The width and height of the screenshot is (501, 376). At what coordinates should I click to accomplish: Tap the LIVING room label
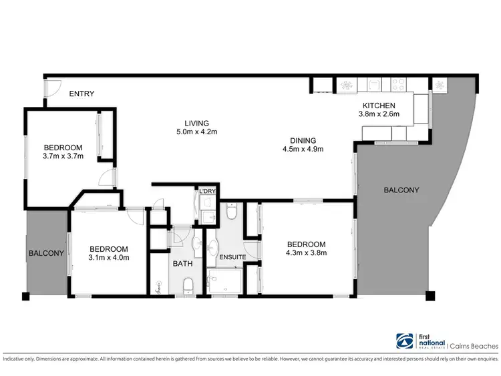197,123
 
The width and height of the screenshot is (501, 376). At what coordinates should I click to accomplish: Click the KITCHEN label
379,106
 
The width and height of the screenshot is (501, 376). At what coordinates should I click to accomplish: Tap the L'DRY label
208,192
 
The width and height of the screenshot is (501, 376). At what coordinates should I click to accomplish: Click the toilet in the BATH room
188,286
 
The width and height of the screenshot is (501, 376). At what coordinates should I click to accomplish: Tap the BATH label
182,264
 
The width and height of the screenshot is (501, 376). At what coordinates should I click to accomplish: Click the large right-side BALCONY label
401,190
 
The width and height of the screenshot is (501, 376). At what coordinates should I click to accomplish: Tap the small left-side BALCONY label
45,253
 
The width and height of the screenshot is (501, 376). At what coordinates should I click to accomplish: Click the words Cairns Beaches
474,346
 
